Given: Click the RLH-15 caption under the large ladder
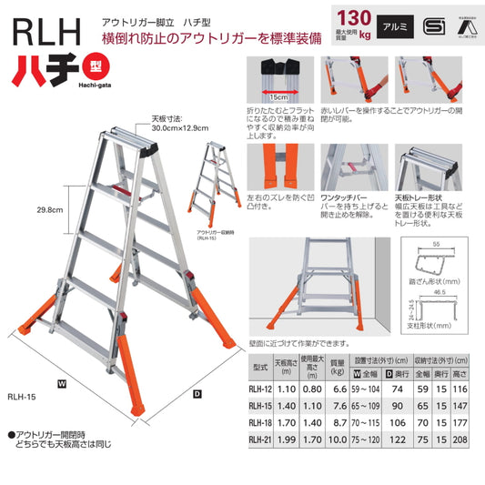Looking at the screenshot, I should (x=21, y=395).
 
